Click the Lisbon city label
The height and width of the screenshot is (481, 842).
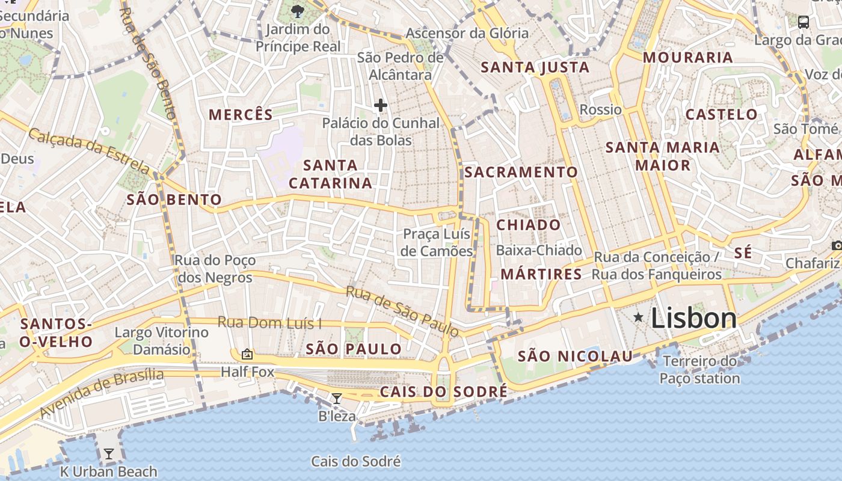pos(693,318)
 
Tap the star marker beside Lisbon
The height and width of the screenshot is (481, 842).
pos(638,317)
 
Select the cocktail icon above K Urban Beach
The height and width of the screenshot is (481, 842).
pos(108,454)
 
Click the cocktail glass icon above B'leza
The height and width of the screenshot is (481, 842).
pos(337,398)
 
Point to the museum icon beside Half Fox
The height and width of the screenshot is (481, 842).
pos(247,354)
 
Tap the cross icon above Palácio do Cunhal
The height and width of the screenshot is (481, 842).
pos(380,105)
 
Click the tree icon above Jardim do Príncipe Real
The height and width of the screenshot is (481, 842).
pos(297,10)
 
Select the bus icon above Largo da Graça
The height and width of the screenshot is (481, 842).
pos(803,22)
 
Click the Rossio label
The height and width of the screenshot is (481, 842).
pos(600,109)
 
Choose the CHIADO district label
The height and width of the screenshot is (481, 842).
pos(529,225)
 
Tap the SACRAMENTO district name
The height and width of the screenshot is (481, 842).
pos(521,172)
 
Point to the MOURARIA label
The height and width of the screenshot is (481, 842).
pos(688,58)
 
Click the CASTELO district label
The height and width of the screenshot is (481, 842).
pos(722,114)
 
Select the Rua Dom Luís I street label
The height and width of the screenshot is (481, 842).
pos(269,322)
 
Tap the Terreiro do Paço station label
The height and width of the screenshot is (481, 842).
pos(699,370)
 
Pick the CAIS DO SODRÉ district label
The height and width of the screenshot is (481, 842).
pos(444,392)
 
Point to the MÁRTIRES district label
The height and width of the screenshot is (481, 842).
pos(541,274)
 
